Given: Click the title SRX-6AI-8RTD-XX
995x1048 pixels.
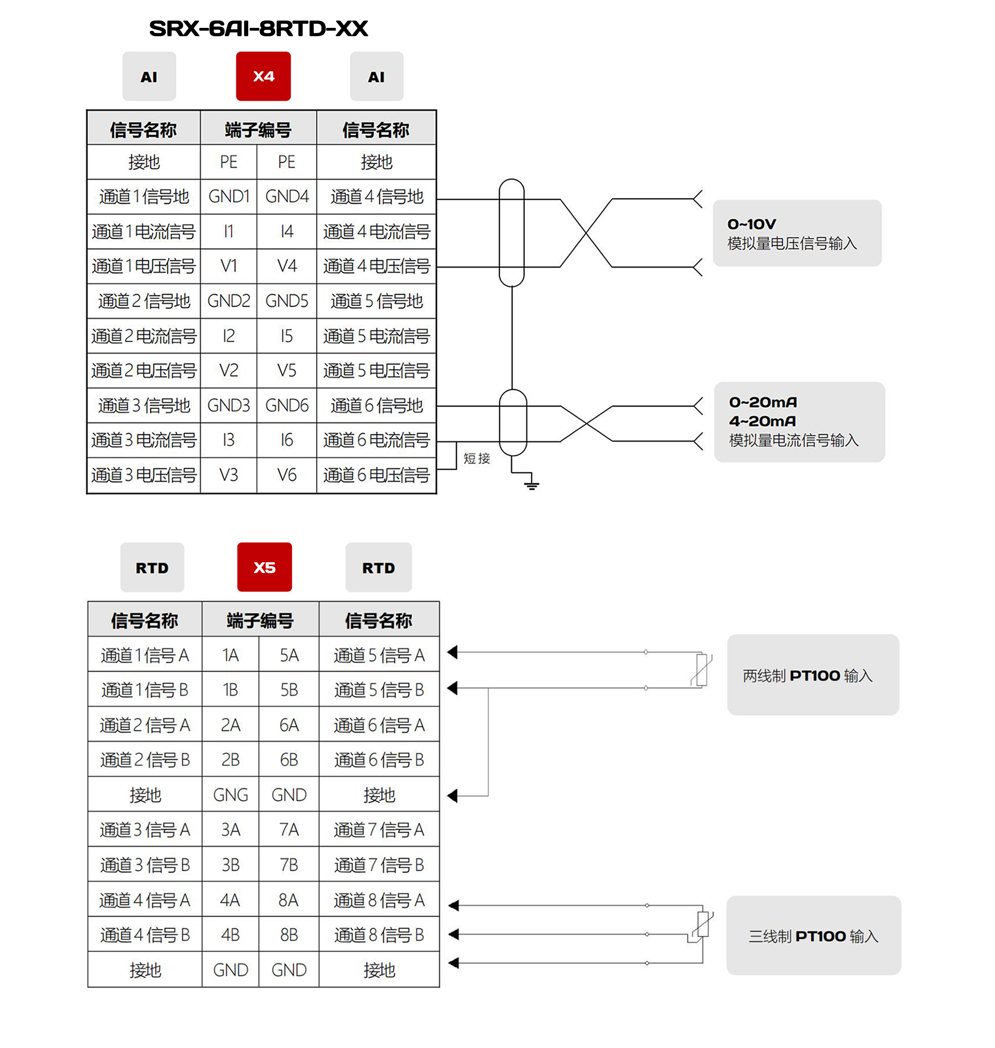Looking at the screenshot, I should (x=258, y=29).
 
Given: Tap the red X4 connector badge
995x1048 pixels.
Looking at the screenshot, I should (x=263, y=76).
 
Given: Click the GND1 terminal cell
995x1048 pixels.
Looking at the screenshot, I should (x=229, y=197).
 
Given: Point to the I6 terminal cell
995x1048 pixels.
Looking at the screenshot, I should (x=286, y=440).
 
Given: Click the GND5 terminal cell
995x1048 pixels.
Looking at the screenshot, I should (x=286, y=301).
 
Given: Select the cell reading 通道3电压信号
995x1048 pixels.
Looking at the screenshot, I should (x=144, y=475).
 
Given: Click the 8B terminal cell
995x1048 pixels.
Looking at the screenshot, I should (x=289, y=935).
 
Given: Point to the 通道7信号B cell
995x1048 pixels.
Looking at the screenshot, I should (x=379, y=865).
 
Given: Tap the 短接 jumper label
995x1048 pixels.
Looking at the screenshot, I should (x=477, y=459).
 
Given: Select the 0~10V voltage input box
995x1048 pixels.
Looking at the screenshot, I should (x=797, y=233).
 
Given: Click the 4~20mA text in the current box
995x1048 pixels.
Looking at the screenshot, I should (x=762, y=421).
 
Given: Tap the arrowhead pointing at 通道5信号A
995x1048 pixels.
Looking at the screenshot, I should (x=452, y=652).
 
